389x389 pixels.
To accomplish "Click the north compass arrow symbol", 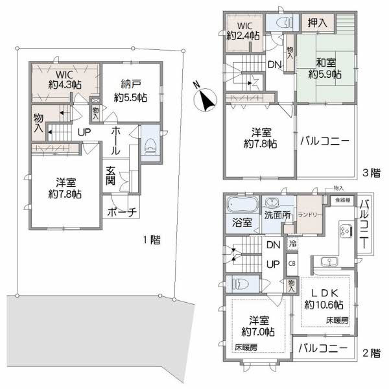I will [206, 99].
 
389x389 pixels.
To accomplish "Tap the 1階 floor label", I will [151, 239].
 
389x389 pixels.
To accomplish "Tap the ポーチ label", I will [121, 212].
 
